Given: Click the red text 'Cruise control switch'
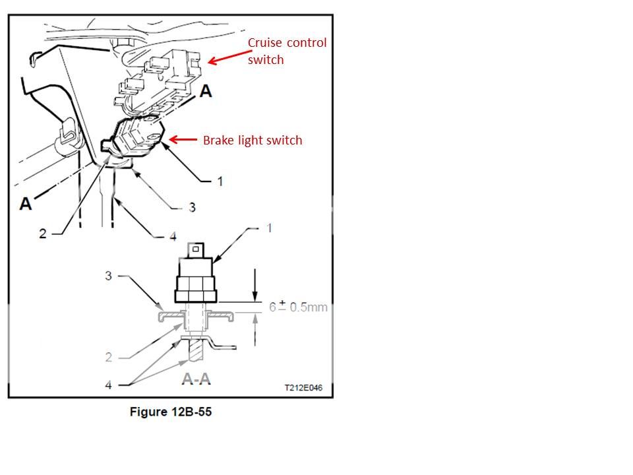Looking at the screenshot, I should coord(287,51).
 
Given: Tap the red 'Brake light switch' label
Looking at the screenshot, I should coord(253,140).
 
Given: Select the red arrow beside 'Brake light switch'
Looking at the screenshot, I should coord(185,139).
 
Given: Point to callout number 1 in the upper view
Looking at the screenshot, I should coord(220,181).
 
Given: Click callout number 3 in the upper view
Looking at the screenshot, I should coord(192,207).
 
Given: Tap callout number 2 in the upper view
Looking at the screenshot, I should coord(43,234).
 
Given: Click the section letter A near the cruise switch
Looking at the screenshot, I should coord(206,92).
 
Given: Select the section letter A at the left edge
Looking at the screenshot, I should coord(26,203).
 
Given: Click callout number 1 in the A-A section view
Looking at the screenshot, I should coord(269,228).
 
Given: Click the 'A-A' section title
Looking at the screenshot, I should coord(196,379).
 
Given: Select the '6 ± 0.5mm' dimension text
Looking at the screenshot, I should coord(297,307).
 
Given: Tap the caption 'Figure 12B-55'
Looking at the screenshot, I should coord(171,412).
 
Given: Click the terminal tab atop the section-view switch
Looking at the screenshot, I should coord(196,249).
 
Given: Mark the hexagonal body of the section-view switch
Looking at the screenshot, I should coord(196,286).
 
